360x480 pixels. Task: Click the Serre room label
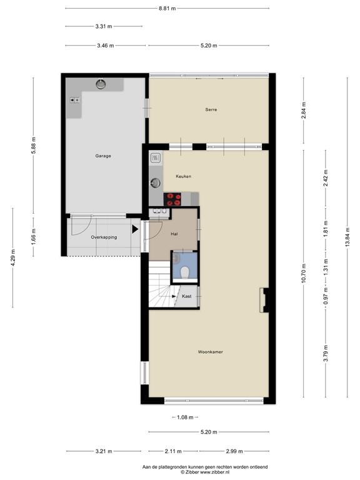click(211, 109)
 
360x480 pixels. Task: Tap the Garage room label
click(103, 156)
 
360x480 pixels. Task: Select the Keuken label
click(183, 176)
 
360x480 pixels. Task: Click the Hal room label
click(174, 234)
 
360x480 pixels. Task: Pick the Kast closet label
click(186, 296)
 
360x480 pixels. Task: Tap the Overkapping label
click(104, 237)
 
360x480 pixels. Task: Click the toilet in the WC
click(186, 270)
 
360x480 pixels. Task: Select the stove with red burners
click(173, 199)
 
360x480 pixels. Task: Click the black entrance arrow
click(135, 229)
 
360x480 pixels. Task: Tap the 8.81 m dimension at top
click(167, 9)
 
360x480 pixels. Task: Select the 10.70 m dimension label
click(303, 272)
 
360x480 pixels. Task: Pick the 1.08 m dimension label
click(184, 417)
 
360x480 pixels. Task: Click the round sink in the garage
click(101, 84)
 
